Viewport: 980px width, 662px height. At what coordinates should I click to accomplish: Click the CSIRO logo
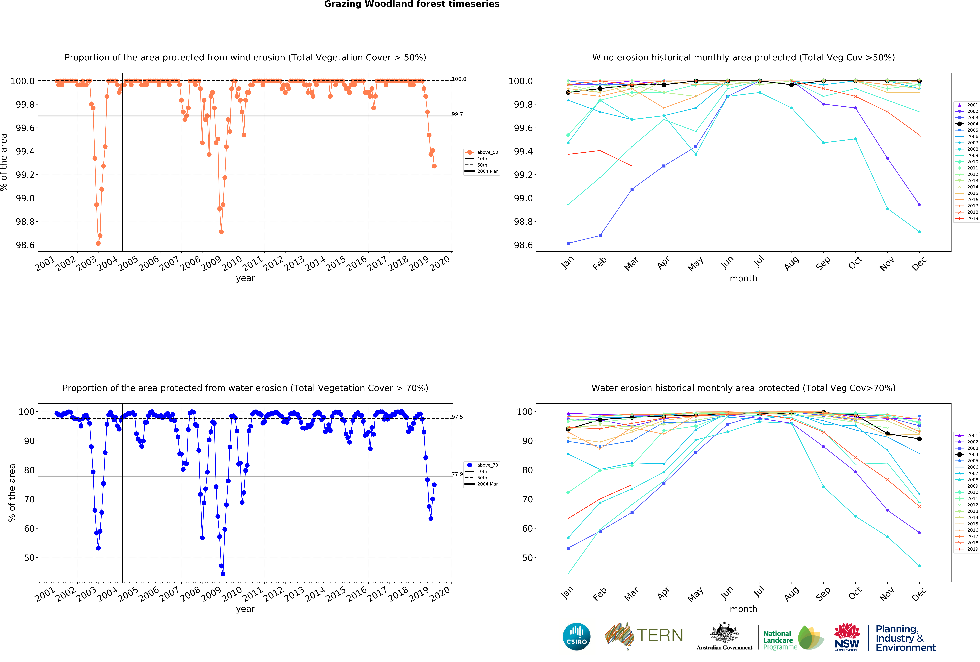click(576, 636)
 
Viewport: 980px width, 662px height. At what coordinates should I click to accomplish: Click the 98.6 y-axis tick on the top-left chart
click(25, 245)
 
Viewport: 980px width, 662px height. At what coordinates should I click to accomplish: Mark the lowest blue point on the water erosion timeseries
click(223, 574)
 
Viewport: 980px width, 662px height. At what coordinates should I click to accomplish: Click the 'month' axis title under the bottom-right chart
click(743, 609)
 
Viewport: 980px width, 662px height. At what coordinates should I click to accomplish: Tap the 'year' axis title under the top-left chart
click(245, 278)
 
